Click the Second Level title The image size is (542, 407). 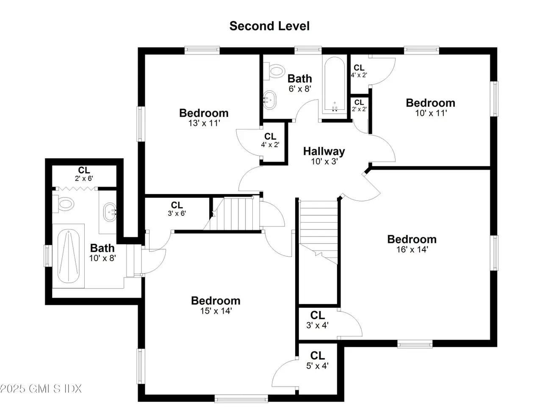[x=269, y=26]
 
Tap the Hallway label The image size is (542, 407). [x=324, y=151]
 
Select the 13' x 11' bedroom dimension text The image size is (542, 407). [x=204, y=123]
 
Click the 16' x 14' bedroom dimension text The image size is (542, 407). [x=412, y=249]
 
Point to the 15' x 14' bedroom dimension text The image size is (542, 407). [x=216, y=311]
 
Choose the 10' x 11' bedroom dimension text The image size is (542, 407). [x=431, y=113]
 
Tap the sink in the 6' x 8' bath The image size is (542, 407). [x=269, y=100]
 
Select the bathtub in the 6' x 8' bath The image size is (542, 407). [x=335, y=84]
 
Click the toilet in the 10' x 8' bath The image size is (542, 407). [x=63, y=204]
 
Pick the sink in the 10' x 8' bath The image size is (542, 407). [x=110, y=212]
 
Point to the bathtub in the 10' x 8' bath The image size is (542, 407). [x=69, y=256]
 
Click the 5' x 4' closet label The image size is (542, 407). [x=317, y=360]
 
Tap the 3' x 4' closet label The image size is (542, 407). [x=317, y=320]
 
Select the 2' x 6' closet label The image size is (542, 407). [x=84, y=174]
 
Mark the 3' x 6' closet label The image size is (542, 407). [x=177, y=209]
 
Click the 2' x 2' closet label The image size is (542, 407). [x=359, y=106]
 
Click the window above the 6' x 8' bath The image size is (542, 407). [x=308, y=50]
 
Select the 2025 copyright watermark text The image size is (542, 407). [x=41, y=389]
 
